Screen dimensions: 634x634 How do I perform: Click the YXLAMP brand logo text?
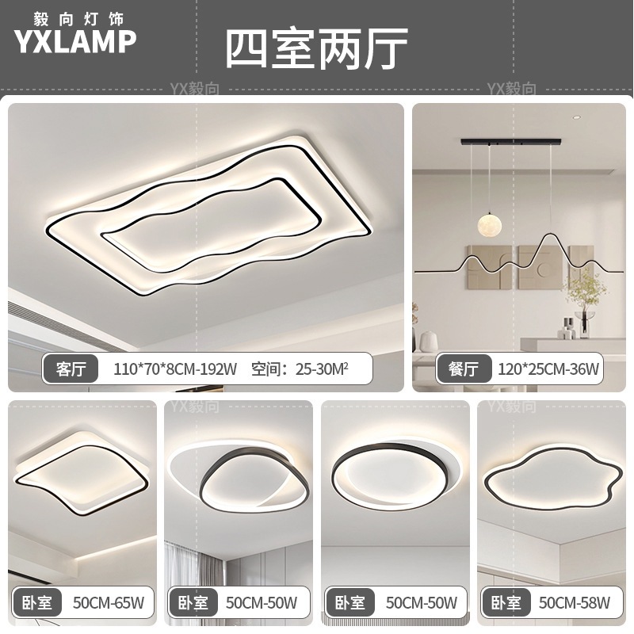point(76,42)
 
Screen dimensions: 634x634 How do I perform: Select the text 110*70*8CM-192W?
point(176,368)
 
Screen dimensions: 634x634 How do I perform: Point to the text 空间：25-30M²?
point(300,368)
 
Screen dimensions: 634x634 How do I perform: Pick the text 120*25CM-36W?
point(548,368)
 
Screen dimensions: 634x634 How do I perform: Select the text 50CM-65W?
point(108,603)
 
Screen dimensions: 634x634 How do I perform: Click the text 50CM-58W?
point(575,603)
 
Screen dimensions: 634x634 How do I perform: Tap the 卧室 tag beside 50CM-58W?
point(505,603)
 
